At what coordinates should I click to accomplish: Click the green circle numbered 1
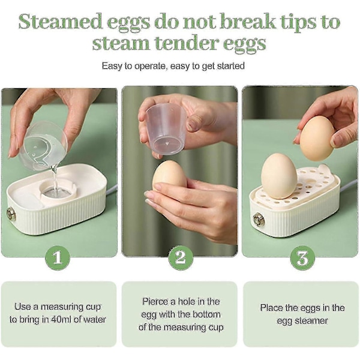click(x=58, y=258)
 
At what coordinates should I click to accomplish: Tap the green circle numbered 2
click(x=181, y=258)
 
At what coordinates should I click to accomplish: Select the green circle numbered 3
click(x=302, y=258)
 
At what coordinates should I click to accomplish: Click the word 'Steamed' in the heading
click(x=61, y=22)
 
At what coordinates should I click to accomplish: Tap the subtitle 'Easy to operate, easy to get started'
click(x=173, y=66)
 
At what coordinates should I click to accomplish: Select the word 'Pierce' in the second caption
click(x=155, y=301)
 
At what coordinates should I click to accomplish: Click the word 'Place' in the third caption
click(x=271, y=308)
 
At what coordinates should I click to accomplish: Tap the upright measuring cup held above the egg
click(x=166, y=129)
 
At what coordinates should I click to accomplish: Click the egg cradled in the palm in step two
click(x=169, y=176)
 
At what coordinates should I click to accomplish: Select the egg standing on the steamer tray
click(x=279, y=176)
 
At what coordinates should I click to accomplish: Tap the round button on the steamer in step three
click(x=259, y=220)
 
